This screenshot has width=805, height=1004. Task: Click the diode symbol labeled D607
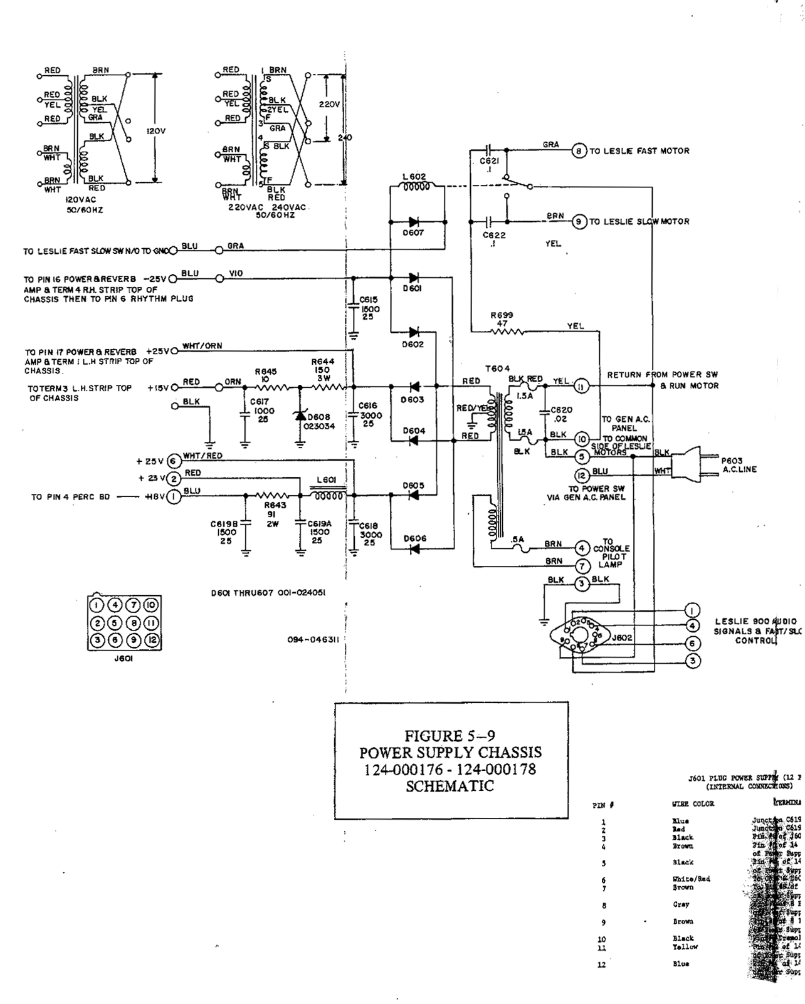tap(414, 222)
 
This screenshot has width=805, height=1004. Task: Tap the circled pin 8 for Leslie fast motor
tap(579, 151)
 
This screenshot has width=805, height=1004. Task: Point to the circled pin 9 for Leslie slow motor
tap(579, 222)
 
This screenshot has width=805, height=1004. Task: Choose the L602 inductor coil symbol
tap(414, 187)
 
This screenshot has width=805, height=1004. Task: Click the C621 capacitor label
tap(488, 161)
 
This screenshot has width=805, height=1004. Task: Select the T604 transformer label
tap(498, 369)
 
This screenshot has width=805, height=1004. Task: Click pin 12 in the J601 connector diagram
tap(152, 641)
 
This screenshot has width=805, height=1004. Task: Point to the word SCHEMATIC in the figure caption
tap(450, 786)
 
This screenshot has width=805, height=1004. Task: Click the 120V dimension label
tap(155, 131)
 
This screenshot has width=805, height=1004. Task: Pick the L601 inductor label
tap(327, 480)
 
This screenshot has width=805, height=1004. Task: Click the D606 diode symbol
tap(414, 549)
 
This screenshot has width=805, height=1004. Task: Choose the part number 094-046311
tap(313, 640)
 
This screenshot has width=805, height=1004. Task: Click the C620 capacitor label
tap(561, 410)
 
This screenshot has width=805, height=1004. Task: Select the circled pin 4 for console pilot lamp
tap(582, 548)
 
